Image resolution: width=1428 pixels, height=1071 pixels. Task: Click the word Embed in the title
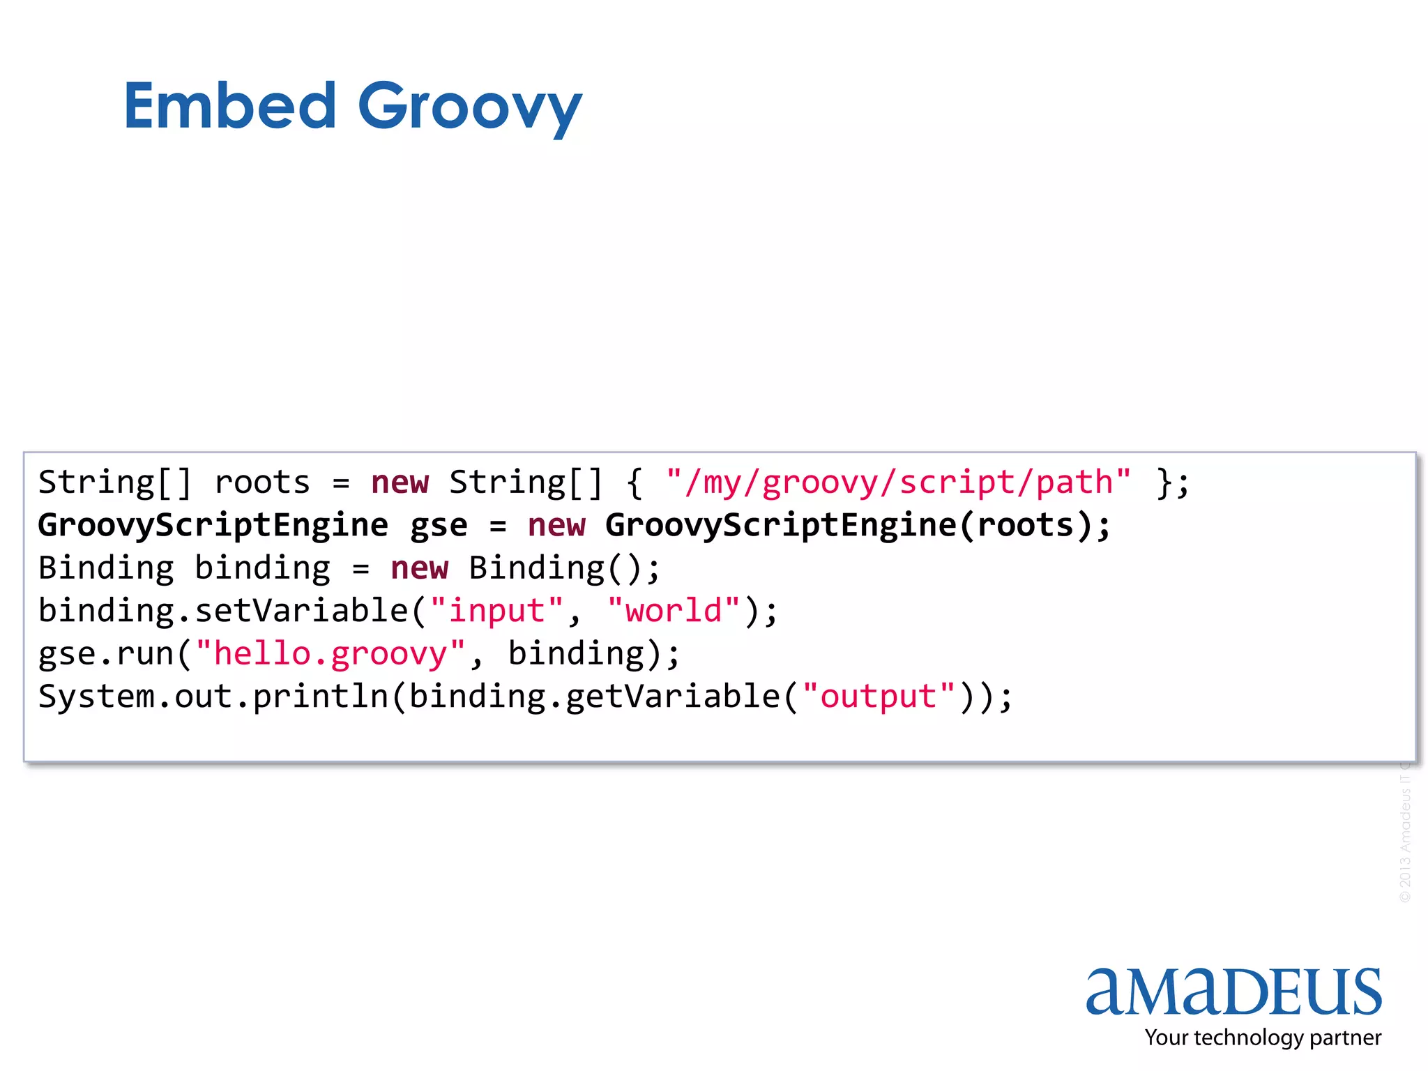tap(230, 106)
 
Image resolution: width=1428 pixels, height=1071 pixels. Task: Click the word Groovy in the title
tap(469, 108)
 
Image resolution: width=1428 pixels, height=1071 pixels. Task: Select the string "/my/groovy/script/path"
tap(898, 483)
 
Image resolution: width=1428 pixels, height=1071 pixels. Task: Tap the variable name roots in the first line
tap(262, 483)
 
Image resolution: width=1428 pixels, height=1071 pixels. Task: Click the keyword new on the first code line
tap(400, 483)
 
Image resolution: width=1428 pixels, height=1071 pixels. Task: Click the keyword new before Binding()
tap(419, 568)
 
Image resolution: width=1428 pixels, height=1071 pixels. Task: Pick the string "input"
tap(496, 612)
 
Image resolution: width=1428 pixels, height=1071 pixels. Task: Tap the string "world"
tap(674, 612)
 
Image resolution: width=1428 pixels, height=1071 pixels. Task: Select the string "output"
tap(879, 697)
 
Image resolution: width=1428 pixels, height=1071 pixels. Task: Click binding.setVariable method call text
tap(223, 612)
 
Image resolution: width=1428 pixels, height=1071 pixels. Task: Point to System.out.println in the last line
tap(213, 697)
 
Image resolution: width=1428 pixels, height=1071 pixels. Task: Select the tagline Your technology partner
tap(1263, 1038)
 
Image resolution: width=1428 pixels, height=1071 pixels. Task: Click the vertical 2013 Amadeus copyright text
tap(1405, 837)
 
